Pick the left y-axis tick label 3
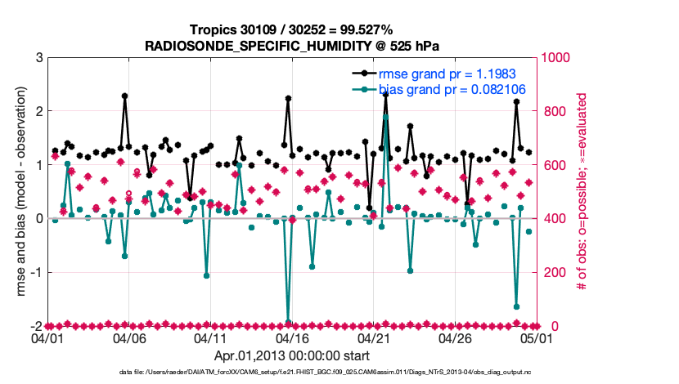(x=39, y=57)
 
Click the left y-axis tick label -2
(x=37, y=326)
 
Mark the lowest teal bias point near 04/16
(x=288, y=322)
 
